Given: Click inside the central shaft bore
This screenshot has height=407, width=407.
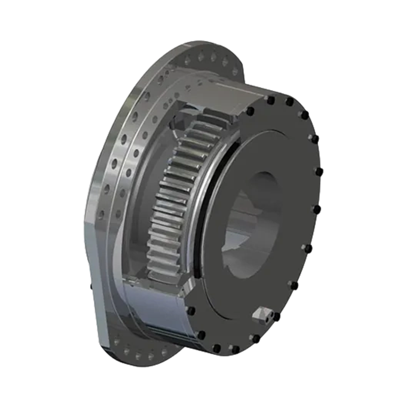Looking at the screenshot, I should pyautogui.click(x=254, y=219).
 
